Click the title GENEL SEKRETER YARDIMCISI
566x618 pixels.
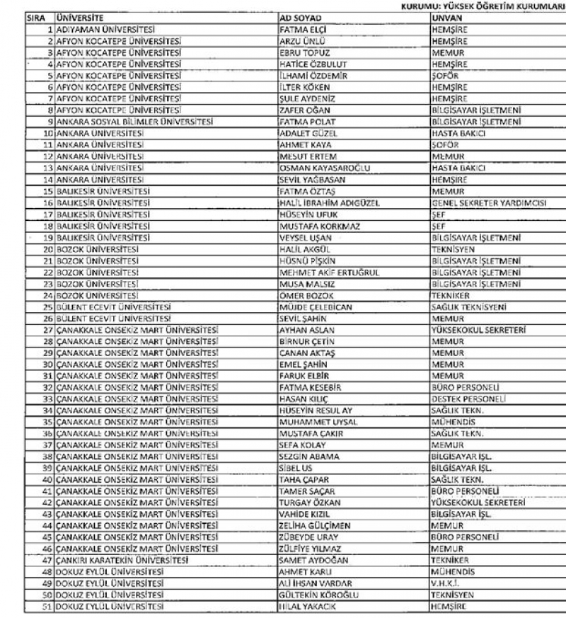[488, 202]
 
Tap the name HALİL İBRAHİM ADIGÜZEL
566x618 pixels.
[330, 202]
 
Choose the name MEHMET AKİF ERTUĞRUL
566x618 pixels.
[330, 272]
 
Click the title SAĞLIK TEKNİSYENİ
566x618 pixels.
[468, 307]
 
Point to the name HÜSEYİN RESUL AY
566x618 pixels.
[316, 411]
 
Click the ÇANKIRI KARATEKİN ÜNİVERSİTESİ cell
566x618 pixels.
[122, 560]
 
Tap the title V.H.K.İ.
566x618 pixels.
[446, 583]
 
